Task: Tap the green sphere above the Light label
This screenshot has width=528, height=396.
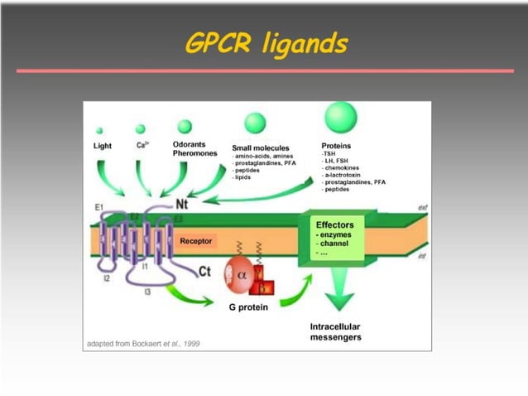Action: coord(99,131)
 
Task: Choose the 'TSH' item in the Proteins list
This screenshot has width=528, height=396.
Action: coord(328,154)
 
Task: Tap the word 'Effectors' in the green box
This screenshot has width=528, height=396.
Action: coord(335,225)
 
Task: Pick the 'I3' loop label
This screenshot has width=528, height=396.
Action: coord(147,292)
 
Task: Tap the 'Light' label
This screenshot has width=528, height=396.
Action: coord(103,146)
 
